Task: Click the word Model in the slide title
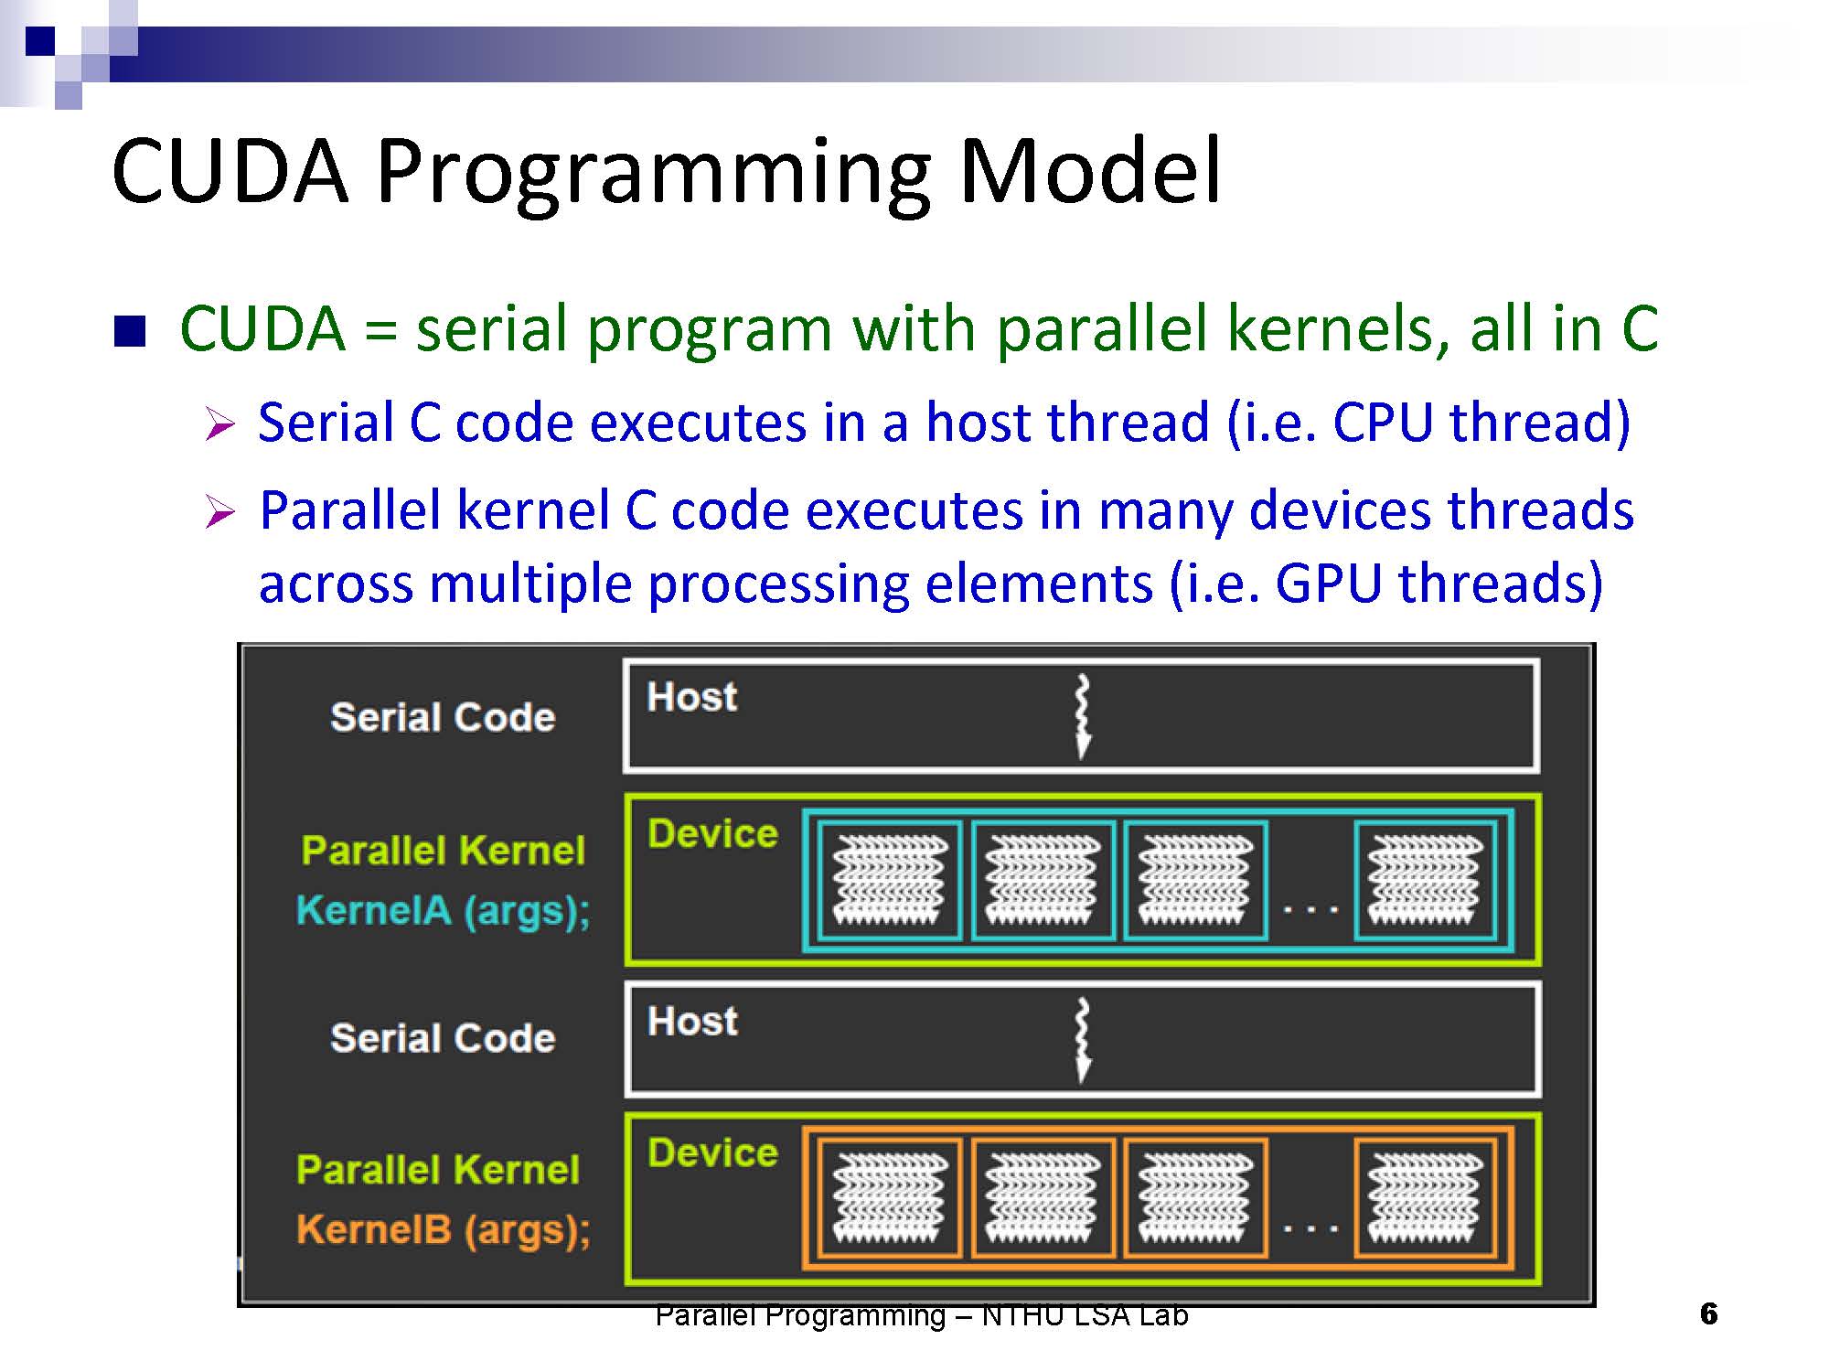(x=1089, y=170)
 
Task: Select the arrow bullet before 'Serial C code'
(x=219, y=424)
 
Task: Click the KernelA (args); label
(x=444, y=911)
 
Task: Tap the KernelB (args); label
(x=444, y=1230)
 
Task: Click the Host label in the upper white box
(x=691, y=697)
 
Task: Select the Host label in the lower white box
(x=692, y=1021)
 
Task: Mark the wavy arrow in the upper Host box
(x=1083, y=717)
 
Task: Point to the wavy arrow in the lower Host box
(x=1083, y=1041)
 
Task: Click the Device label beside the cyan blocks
(x=712, y=833)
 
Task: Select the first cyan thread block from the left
(x=890, y=880)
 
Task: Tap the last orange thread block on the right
(x=1425, y=1198)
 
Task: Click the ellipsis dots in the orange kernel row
(x=1310, y=1229)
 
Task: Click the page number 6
(x=1708, y=1314)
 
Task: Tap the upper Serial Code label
(x=443, y=717)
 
